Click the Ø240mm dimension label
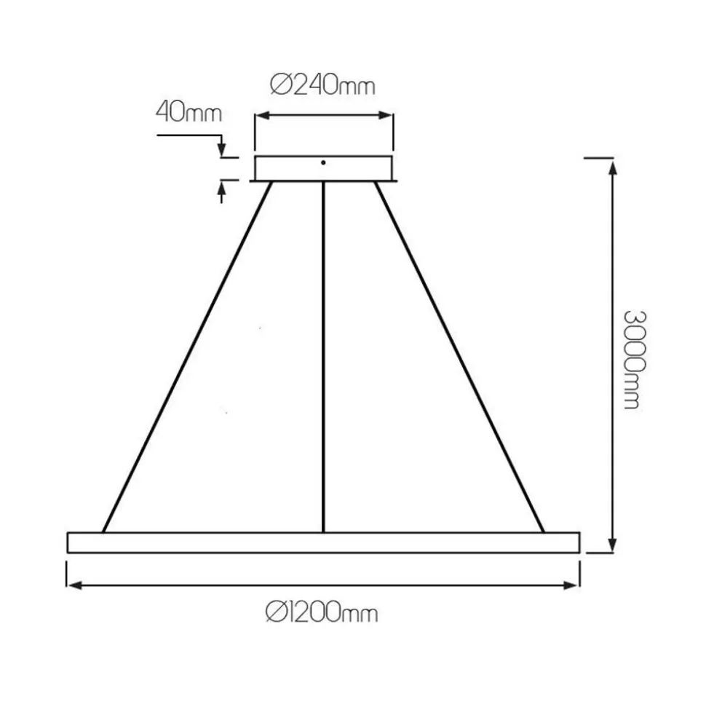[322, 85]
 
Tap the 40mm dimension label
[189, 112]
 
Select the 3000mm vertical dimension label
[635, 360]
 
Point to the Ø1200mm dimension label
[322, 613]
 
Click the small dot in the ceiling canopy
[323, 162]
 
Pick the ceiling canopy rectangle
[323, 169]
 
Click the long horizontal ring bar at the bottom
[323, 542]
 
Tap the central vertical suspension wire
[323, 357]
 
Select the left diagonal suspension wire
[187, 357]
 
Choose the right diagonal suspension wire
[459, 357]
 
